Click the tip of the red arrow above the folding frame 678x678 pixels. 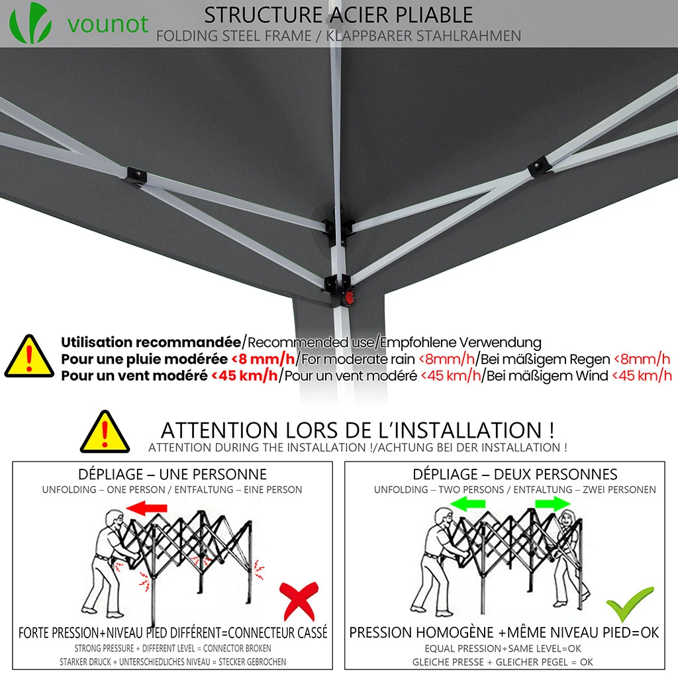125,508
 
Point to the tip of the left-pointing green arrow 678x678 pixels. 450,504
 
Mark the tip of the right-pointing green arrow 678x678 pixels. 571,504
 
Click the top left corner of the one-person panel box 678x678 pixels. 13,461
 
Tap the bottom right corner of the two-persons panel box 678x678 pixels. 665,669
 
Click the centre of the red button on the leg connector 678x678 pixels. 348,297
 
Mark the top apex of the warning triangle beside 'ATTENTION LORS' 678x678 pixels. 105,411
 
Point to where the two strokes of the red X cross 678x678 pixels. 299,598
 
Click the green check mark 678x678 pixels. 630,604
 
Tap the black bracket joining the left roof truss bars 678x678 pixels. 136,176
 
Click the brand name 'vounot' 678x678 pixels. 108,24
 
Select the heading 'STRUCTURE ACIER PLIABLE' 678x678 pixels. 338,15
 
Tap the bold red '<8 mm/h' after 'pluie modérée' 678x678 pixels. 263,359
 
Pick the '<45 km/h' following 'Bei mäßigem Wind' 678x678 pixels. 642,376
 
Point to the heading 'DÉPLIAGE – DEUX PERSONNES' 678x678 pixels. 515,474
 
